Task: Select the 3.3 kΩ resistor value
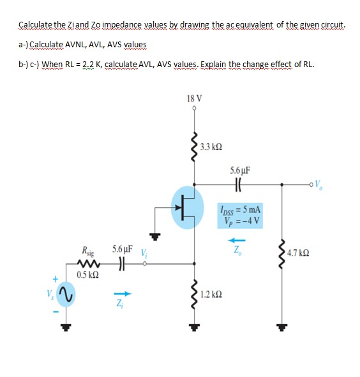[x=210, y=147]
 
